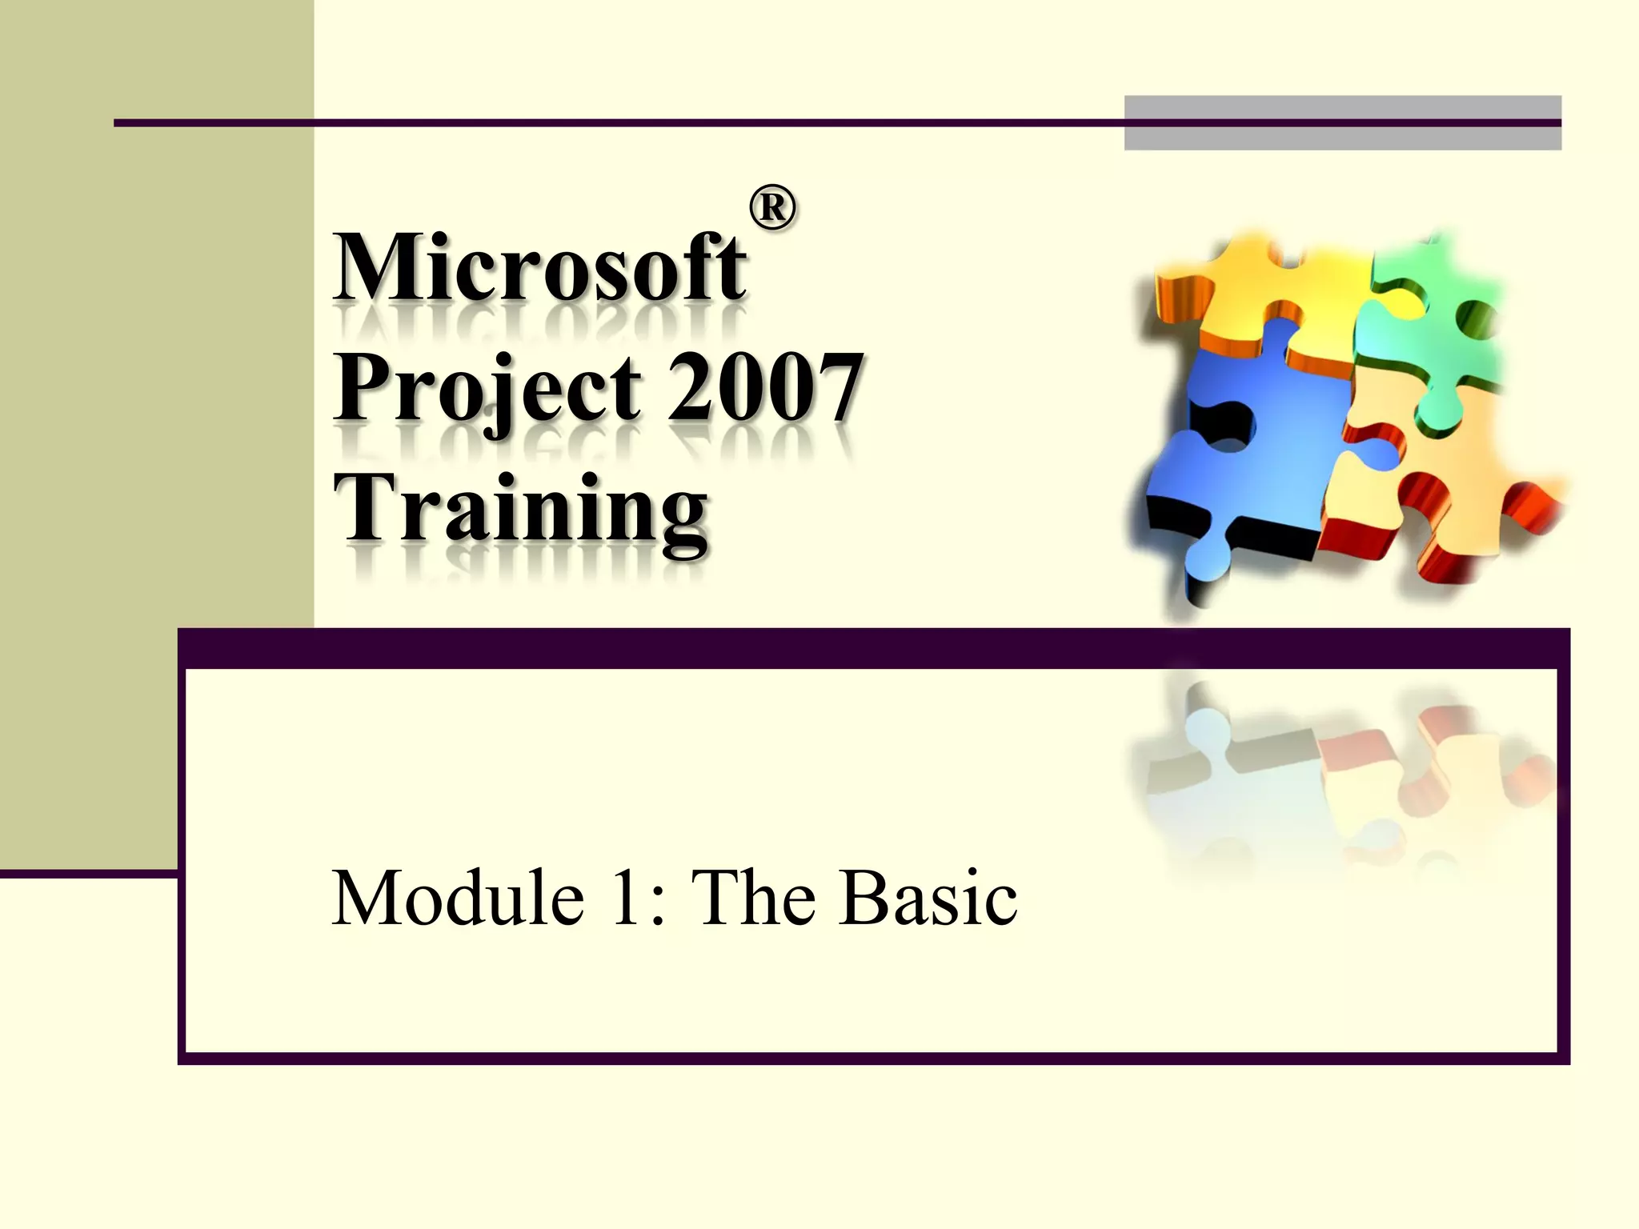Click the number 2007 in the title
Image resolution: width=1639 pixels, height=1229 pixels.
[764, 389]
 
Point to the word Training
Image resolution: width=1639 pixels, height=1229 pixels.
[520, 509]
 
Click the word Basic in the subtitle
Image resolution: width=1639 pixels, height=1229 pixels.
[928, 898]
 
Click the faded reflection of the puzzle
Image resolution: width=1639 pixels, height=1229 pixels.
[1344, 768]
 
